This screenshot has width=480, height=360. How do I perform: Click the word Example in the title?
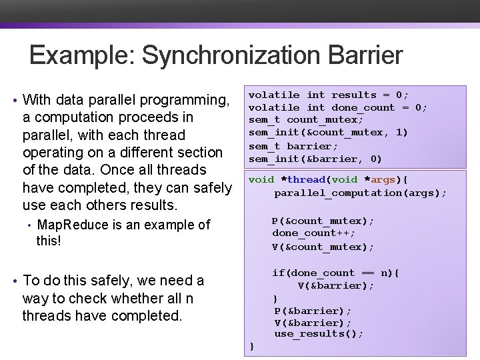81,55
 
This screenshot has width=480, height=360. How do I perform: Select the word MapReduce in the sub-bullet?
73,225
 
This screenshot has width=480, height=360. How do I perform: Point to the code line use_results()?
319,333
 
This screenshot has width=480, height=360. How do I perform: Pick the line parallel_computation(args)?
360,193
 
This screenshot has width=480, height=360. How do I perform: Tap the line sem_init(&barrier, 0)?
315,159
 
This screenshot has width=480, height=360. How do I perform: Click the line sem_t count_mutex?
306,120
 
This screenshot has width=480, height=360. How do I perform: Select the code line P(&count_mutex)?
323,221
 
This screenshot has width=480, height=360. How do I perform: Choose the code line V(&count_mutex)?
323,247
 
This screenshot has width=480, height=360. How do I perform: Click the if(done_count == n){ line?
335,272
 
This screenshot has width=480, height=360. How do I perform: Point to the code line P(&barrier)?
313,311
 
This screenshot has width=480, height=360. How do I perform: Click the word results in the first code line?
354,95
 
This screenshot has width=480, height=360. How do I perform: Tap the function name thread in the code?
307,179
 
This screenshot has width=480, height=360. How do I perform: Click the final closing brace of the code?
251,345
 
